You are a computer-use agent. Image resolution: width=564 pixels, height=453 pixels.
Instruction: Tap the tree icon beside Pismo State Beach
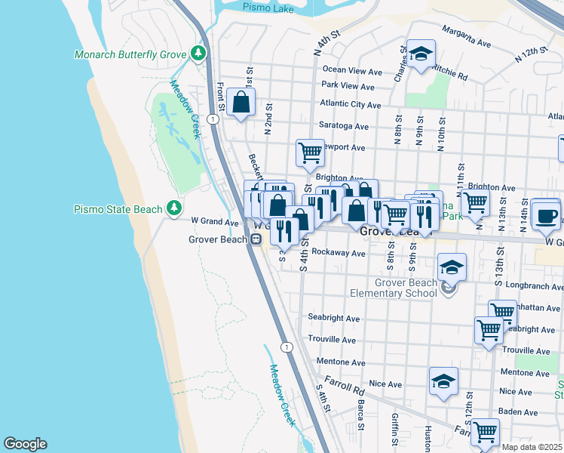click(x=174, y=208)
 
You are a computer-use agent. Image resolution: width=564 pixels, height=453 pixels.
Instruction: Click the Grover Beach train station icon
click(x=256, y=239)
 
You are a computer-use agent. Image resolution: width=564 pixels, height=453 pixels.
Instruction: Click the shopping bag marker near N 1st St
click(x=241, y=102)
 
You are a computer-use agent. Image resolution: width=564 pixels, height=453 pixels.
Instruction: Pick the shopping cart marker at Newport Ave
click(x=310, y=153)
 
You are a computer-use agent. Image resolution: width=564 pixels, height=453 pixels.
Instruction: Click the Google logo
click(x=25, y=444)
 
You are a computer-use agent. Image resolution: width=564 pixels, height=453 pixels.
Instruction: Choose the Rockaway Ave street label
click(x=339, y=254)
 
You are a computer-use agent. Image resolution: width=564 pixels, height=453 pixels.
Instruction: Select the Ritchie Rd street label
click(x=451, y=72)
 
